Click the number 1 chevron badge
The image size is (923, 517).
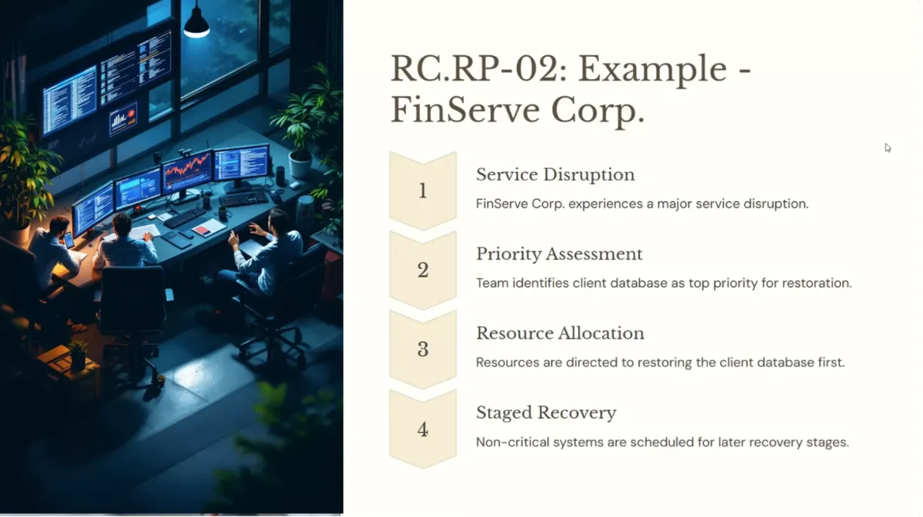[423, 191]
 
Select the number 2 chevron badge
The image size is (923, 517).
[423, 270]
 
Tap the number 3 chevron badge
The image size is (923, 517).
[423, 349]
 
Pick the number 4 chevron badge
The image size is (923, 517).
[423, 429]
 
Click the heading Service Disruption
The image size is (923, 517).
[555, 174]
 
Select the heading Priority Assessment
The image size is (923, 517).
[559, 254]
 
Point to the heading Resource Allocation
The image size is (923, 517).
[560, 333]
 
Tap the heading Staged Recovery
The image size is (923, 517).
[546, 413]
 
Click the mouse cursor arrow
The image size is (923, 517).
[888, 147]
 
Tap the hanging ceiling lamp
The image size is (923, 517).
[197, 22]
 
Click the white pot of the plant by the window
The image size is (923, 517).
[300, 164]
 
